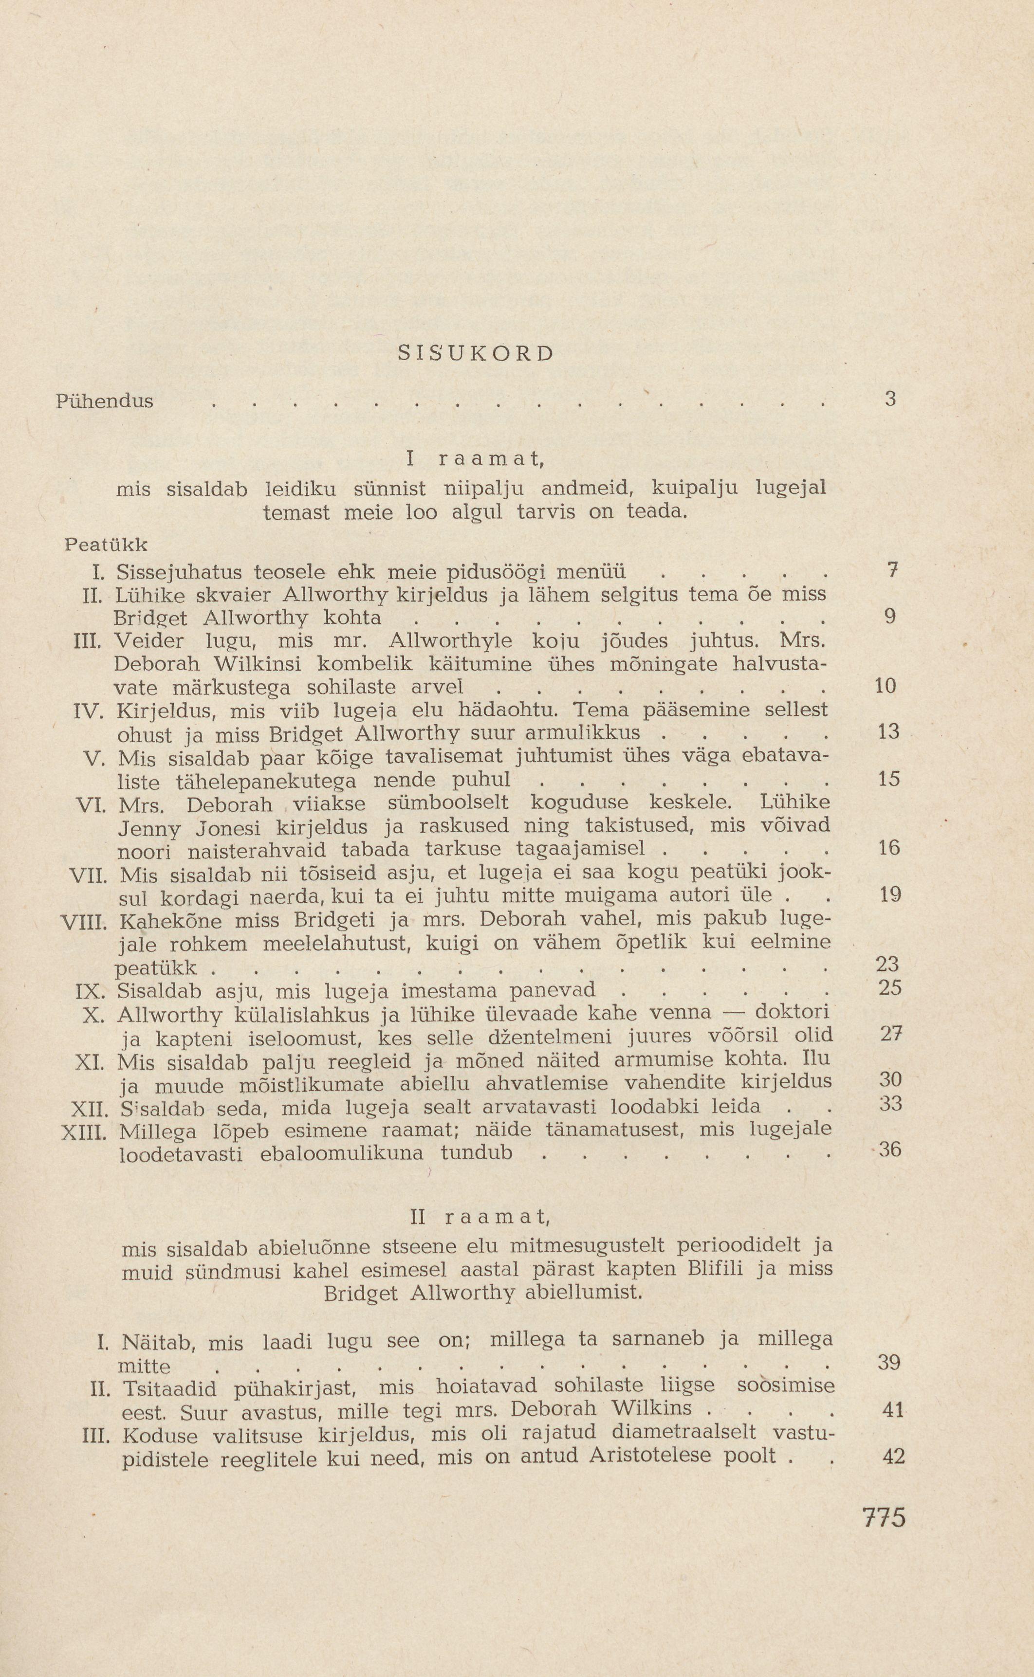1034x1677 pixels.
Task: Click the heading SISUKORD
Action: (x=475, y=353)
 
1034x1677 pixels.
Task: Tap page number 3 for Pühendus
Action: (x=890, y=399)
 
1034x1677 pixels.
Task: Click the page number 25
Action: (x=888, y=988)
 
